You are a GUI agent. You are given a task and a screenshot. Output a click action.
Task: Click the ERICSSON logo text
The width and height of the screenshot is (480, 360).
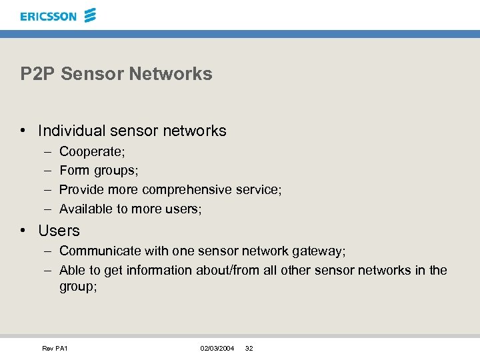pos(49,16)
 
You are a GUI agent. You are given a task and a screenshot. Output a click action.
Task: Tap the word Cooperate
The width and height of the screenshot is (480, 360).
pos(91,153)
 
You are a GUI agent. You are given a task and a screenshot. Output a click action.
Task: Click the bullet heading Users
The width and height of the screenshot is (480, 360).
pos(59,231)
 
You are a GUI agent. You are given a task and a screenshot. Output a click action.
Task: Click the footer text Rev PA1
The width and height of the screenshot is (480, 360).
pos(55,349)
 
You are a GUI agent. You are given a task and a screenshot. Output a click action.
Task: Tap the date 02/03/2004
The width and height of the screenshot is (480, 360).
pos(217,349)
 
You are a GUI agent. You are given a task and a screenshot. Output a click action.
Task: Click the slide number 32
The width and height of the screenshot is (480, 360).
pos(249,349)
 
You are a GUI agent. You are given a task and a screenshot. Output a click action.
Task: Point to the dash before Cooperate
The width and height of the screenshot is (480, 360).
pos(45,153)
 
